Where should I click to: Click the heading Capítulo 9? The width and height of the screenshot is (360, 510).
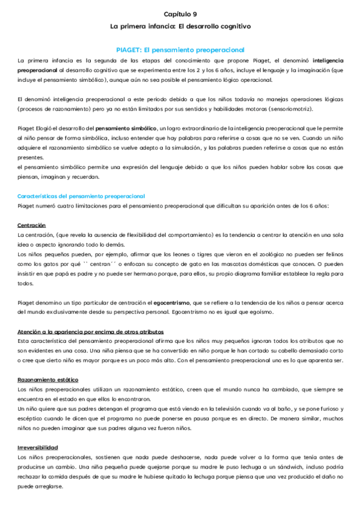180,14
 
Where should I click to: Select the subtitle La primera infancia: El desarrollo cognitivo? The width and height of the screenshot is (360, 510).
180,26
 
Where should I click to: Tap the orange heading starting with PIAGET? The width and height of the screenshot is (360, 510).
180,49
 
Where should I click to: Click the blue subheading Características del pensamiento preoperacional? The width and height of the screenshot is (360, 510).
81,196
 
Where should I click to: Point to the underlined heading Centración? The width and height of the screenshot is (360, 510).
32,225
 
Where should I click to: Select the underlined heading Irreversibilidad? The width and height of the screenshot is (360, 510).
38,447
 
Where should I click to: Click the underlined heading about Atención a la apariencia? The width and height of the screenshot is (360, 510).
90,331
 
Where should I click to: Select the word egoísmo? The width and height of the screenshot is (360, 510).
261,312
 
